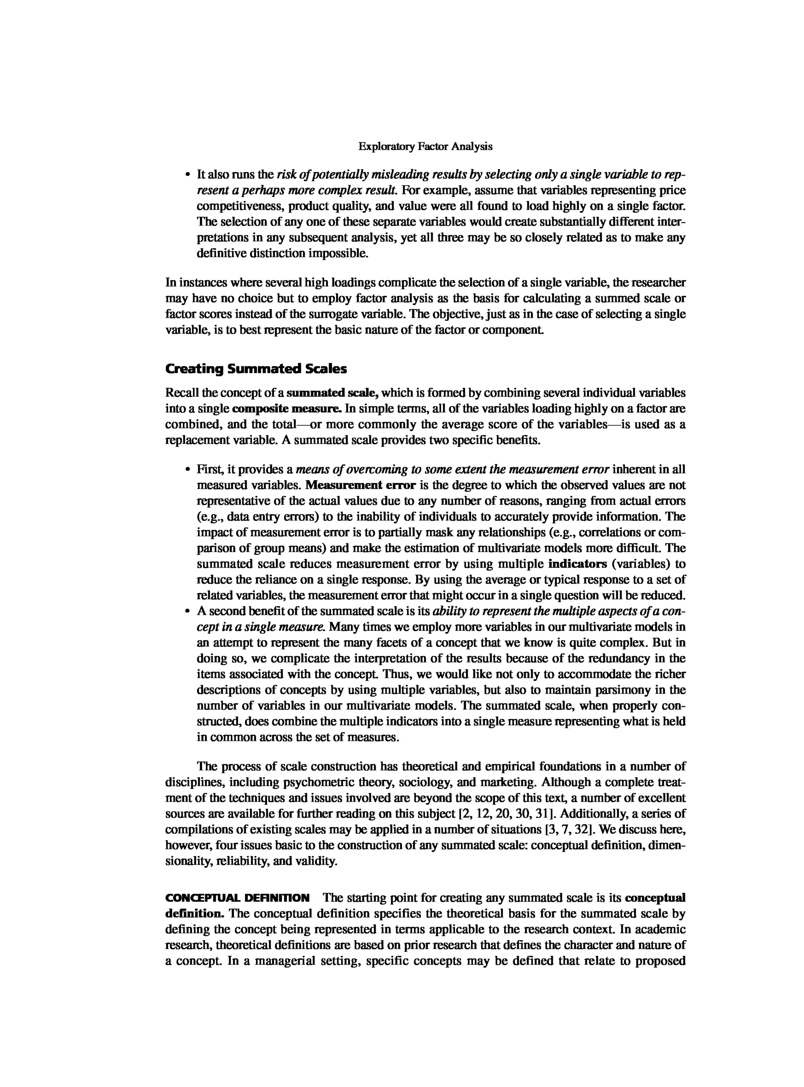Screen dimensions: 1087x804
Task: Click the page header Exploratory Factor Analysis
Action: pos(425,146)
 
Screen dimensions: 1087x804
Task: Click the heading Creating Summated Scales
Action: pos(256,369)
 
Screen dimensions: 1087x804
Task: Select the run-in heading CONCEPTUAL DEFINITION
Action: pos(238,898)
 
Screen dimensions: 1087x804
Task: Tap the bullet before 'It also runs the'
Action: pos(187,175)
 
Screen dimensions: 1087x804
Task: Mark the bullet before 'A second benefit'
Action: pos(187,611)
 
